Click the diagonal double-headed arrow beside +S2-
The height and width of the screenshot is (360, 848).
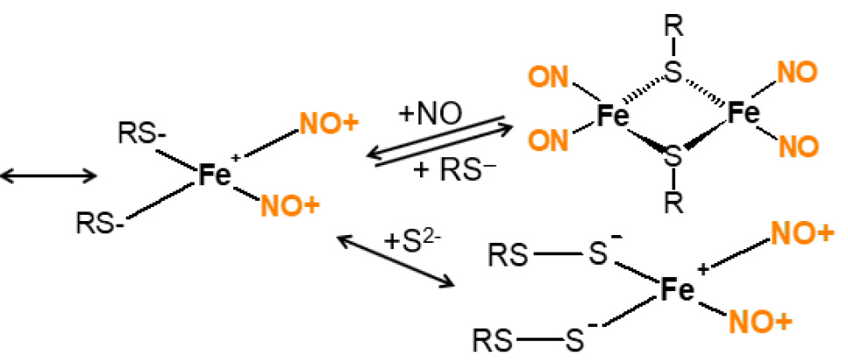point(396,261)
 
